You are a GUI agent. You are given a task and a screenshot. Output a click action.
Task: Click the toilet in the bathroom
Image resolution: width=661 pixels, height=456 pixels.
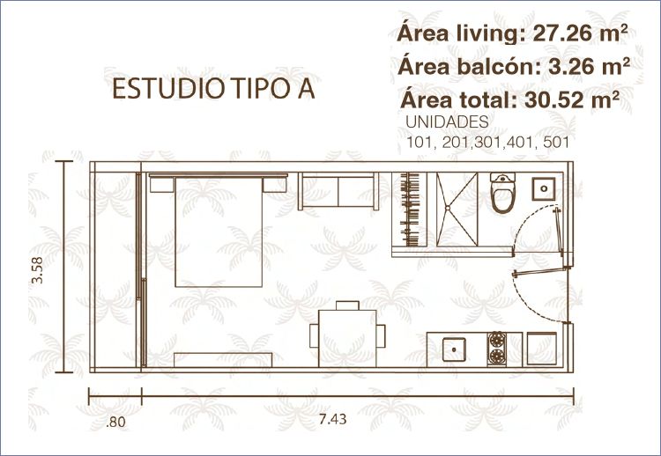[503, 193]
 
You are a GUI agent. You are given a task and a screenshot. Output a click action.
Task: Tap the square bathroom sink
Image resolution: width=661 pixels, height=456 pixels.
[544, 188]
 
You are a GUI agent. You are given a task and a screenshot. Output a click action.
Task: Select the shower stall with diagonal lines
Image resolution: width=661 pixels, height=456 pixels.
[457, 209]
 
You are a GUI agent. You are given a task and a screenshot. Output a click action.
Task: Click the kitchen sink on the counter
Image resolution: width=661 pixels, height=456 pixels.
[454, 349]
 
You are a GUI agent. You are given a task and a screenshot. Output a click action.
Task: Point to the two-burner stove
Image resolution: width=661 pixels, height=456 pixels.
[497, 349]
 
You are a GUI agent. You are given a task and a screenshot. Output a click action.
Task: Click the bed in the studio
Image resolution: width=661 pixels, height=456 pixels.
[219, 231]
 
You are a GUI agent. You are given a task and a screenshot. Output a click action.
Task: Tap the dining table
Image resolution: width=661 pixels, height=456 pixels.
[347, 338]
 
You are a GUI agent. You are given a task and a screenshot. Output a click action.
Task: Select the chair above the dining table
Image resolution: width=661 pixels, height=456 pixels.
[347, 305]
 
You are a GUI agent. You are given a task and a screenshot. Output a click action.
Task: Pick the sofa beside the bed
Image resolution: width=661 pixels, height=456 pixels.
[338, 191]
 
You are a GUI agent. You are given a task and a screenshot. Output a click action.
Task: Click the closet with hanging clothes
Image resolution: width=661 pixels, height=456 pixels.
[409, 209]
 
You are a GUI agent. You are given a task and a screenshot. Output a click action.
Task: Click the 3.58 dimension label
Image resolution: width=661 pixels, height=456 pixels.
[38, 270]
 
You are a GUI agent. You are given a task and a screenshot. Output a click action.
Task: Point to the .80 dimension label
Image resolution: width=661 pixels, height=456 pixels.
[115, 422]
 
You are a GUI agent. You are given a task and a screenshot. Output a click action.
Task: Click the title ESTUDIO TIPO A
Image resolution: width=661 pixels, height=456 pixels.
[214, 89]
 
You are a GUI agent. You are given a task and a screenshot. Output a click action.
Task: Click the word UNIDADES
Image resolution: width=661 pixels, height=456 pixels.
[447, 122]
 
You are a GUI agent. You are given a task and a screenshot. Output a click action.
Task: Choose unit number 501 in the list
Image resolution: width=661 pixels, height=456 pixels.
[556, 143]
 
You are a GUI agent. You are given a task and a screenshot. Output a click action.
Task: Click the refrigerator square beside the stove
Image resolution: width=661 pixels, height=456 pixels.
[542, 349]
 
